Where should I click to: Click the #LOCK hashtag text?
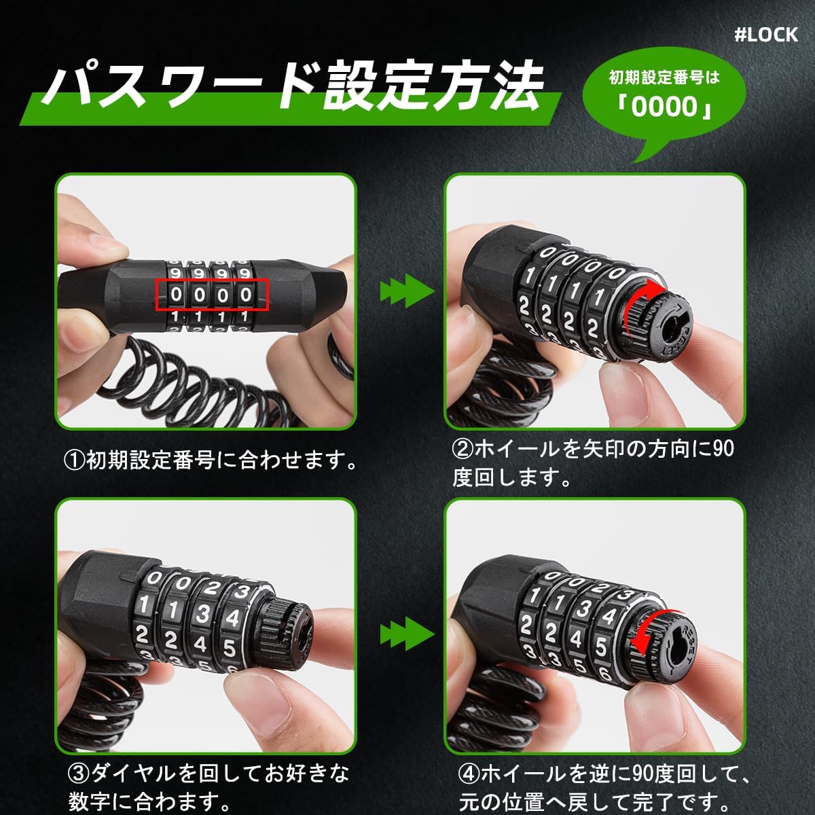point(766,35)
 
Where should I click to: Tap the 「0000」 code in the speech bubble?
point(664,107)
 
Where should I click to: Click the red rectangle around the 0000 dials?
point(213,294)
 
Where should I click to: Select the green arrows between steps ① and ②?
point(405,293)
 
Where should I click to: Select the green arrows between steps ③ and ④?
point(405,634)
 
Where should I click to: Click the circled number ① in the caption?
point(74,461)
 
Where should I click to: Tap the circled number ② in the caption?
point(463,449)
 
